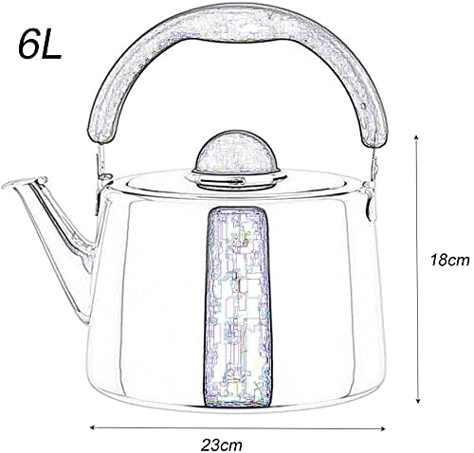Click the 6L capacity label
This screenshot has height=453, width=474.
tap(39, 45)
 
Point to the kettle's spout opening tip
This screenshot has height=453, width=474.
tap(11, 182)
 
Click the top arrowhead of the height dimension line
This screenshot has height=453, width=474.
tap(419, 136)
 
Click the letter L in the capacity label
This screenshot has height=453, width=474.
tap(51, 45)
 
